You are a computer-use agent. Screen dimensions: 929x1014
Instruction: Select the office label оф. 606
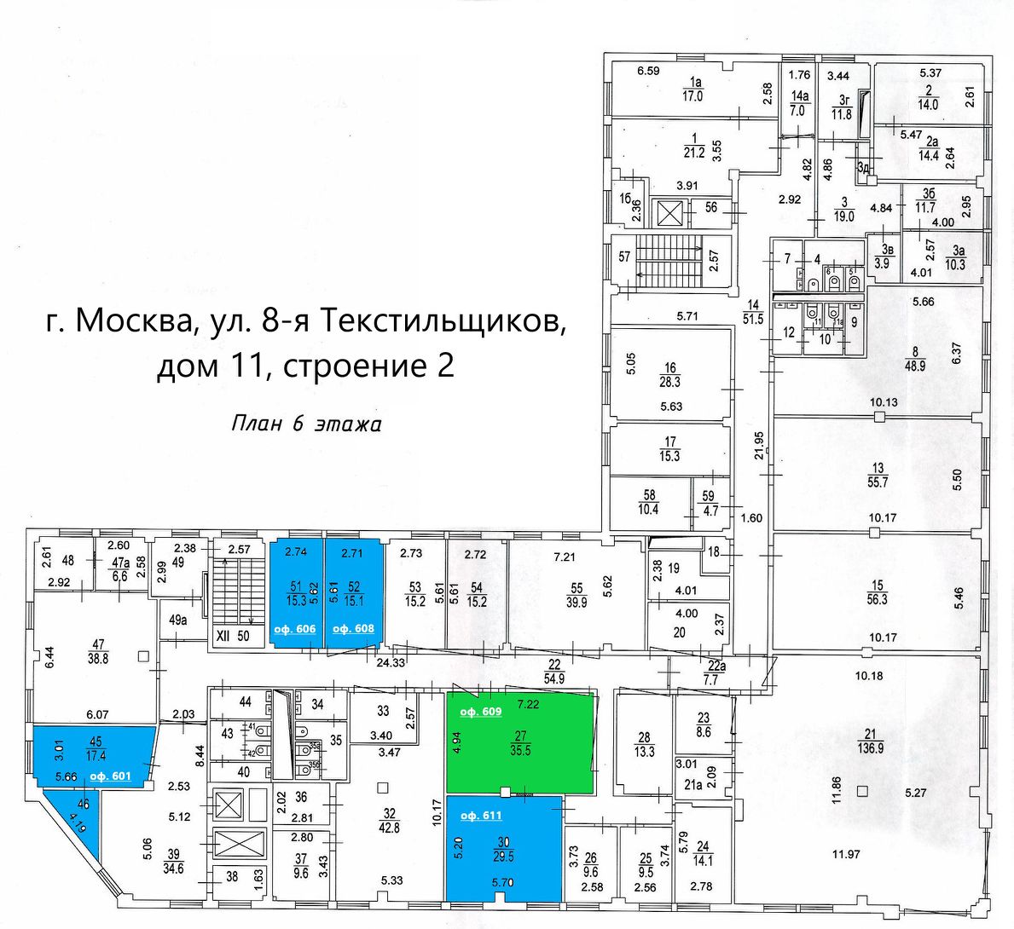[294, 629]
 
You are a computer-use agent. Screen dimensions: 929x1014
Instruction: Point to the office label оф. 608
[353, 629]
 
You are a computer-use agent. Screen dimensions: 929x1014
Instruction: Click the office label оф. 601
[109, 776]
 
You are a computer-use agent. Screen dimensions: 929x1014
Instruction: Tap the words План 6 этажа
[306, 424]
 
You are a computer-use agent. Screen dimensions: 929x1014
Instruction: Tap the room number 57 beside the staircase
[624, 257]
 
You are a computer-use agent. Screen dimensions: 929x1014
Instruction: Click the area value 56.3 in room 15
[878, 599]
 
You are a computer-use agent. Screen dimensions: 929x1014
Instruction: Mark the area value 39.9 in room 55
[577, 602]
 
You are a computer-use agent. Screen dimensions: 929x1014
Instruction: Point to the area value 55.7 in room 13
[878, 482]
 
